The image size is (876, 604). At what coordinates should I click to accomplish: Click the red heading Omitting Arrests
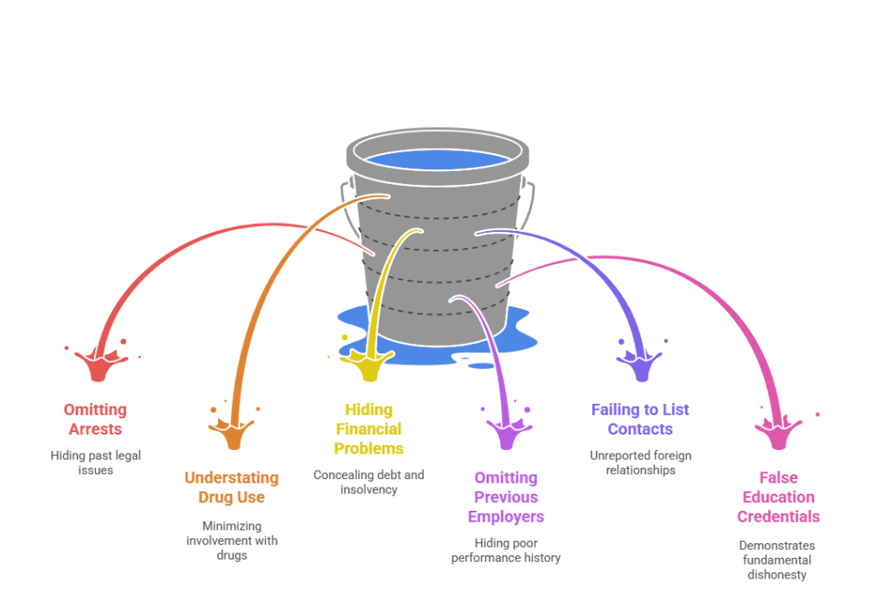click(x=94, y=419)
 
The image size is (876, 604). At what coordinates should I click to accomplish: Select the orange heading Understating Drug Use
click(x=231, y=488)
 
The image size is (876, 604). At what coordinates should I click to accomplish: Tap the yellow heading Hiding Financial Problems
click(x=369, y=429)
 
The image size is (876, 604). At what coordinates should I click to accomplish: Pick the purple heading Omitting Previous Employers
click(x=506, y=497)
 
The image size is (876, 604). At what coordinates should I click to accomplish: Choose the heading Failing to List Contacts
click(x=641, y=419)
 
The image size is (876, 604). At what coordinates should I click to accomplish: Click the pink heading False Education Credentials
click(x=778, y=497)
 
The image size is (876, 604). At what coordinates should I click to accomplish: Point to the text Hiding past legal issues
click(x=94, y=463)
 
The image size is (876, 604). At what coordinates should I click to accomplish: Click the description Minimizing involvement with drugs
click(x=231, y=541)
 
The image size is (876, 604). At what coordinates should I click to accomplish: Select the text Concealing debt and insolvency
click(x=369, y=483)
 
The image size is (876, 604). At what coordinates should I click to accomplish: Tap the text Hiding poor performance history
click(x=506, y=551)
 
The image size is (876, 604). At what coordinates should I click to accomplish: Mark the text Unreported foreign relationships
click(x=641, y=463)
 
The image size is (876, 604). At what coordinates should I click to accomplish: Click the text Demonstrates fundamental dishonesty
click(x=778, y=560)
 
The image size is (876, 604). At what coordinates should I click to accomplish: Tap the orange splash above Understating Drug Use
click(x=234, y=434)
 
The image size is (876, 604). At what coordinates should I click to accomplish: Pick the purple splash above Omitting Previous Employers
click(x=506, y=434)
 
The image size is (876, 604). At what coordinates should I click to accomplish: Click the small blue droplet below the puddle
click(x=482, y=365)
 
